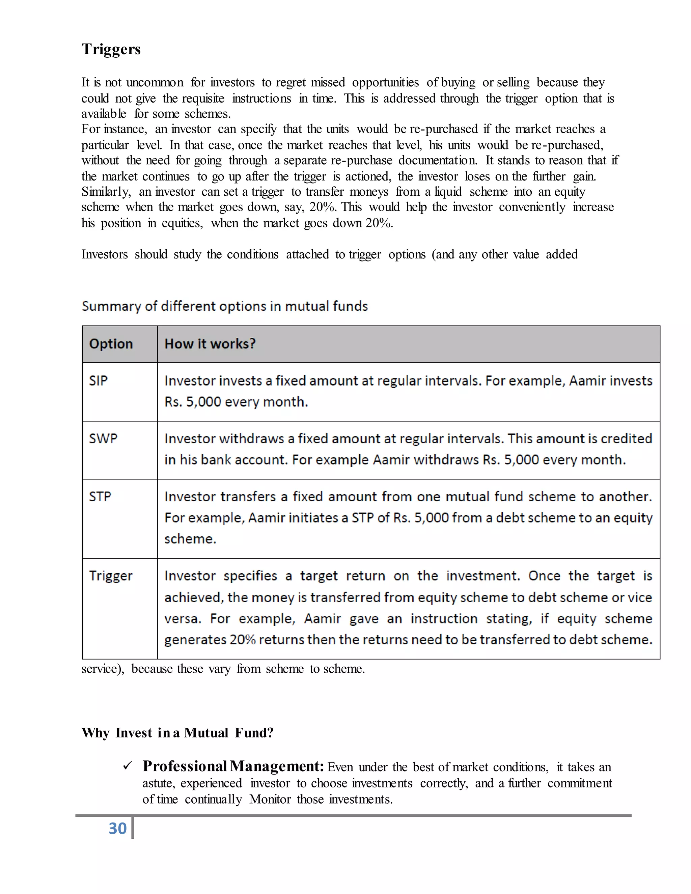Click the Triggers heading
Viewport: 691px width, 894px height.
click(x=111, y=49)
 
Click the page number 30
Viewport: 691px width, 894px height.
click(x=117, y=828)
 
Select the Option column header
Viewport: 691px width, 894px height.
click(x=111, y=344)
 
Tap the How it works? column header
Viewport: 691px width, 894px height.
click(x=210, y=344)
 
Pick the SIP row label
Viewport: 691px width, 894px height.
click(x=98, y=381)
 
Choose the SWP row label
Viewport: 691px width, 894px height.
click(x=103, y=439)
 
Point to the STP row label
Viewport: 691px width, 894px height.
click(x=100, y=497)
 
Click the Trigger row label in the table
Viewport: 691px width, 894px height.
click(x=111, y=576)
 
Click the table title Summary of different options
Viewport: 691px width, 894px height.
click(x=224, y=306)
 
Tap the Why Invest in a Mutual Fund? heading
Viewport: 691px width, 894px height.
click(x=177, y=733)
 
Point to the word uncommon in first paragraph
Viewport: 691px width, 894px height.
click(x=155, y=83)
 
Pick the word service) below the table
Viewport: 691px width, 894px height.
click(x=102, y=669)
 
